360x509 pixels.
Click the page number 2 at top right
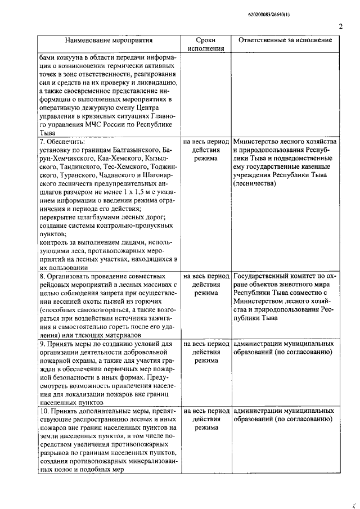[x=341, y=26]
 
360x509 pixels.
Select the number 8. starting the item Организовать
[x=42, y=277]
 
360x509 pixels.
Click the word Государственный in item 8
[x=262, y=277]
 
